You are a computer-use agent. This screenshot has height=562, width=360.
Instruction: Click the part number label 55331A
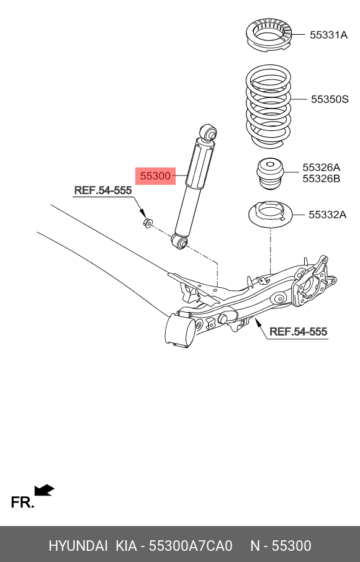328,35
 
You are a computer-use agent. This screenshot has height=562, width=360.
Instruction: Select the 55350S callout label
330,99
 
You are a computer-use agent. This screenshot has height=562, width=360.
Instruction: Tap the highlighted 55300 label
155,176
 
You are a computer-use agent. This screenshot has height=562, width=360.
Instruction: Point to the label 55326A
321,167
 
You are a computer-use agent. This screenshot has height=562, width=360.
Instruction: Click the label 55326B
321,179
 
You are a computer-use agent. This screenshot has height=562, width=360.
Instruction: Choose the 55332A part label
327,215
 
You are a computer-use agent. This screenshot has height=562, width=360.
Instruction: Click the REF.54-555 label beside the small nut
103,190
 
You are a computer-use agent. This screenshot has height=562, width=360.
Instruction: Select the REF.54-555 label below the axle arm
298,332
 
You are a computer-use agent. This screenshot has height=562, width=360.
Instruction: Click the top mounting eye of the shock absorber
210,132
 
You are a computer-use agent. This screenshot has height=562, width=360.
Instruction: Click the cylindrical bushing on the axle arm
179,330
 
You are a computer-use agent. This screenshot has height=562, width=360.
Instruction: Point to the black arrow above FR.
44,491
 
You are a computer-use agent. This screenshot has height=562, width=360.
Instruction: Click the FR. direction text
22,502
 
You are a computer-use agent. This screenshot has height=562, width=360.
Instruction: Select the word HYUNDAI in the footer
78,546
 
